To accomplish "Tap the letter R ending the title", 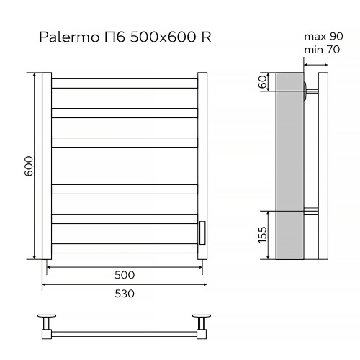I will pos(206,37).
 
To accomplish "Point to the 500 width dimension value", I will pos(125,275).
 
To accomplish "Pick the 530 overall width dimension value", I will pos(125,294).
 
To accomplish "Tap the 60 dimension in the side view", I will pos(263,83).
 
